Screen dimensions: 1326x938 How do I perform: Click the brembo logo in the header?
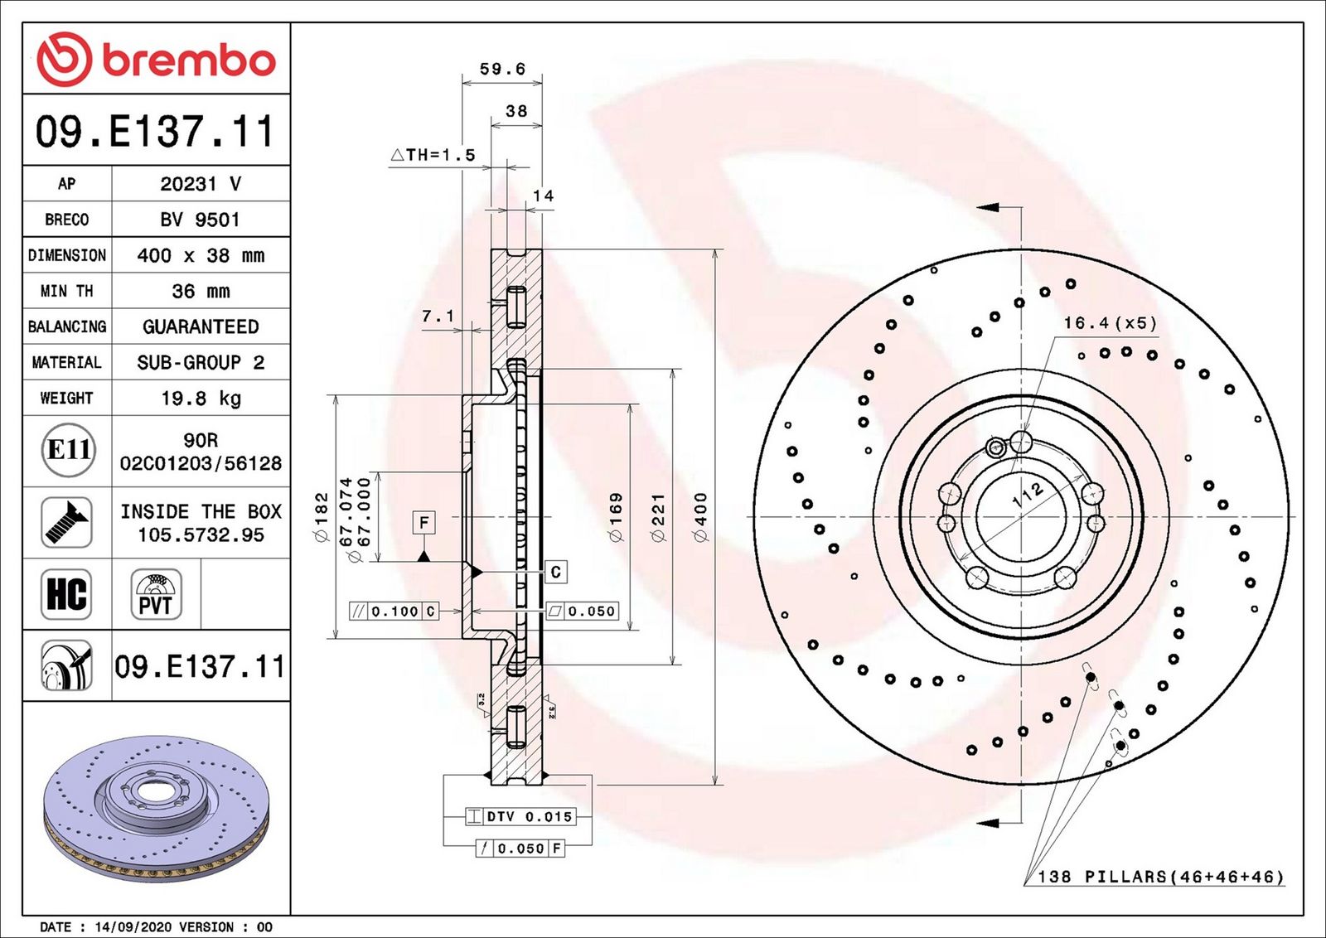pyautogui.click(x=157, y=59)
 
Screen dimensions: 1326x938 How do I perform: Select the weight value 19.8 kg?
pyautogui.click(x=201, y=399)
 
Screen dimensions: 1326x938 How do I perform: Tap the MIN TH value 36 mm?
pyautogui.click(x=201, y=291)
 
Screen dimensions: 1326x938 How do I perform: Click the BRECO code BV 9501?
pyautogui.click(x=200, y=220)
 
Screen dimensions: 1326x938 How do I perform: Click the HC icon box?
pyautogui.click(x=66, y=594)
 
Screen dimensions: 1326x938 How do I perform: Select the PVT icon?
pyautogui.click(x=157, y=594)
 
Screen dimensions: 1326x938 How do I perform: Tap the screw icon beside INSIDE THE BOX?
pyautogui.click(x=66, y=523)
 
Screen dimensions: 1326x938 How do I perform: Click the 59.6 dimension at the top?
pyautogui.click(x=502, y=70)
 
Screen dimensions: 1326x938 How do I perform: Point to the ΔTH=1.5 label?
pyautogui.click(x=433, y=155)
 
